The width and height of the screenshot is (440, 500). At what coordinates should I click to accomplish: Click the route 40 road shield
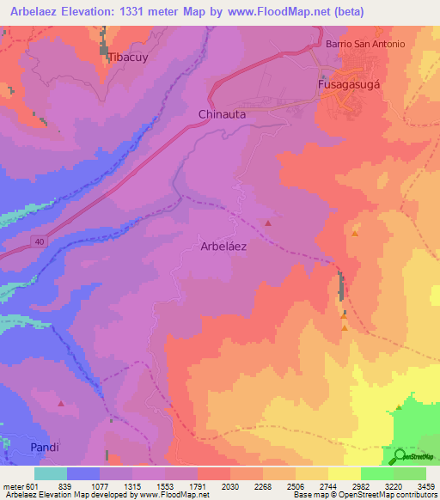(40, 242)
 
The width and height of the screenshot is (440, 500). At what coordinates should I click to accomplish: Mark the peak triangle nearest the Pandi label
(60, 403)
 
